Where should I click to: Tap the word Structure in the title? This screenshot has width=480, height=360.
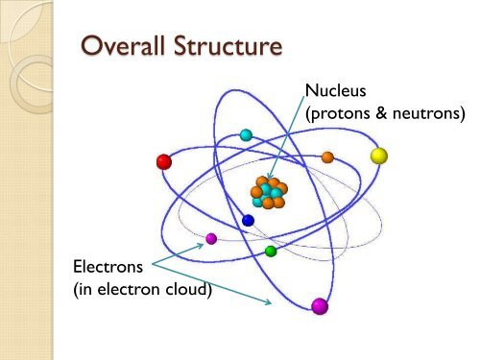click(224, 47)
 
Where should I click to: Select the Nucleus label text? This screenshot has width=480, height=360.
click(335, 91)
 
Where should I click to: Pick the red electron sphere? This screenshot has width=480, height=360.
click(164, 161)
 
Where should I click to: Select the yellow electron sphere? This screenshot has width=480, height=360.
click(379, 155)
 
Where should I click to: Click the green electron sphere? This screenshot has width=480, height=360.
click(271, 252)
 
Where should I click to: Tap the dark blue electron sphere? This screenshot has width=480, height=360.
click(248, 220)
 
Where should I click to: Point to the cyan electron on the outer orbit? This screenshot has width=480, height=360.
click(246, 135)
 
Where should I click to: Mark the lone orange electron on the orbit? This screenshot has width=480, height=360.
click(327, 156)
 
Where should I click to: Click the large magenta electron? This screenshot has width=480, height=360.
click(320, 306)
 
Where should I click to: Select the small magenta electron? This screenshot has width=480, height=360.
click(211, 238)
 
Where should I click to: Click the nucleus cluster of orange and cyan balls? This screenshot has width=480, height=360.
click(268, 192)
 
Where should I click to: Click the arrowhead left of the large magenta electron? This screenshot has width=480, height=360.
click(271, 302)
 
